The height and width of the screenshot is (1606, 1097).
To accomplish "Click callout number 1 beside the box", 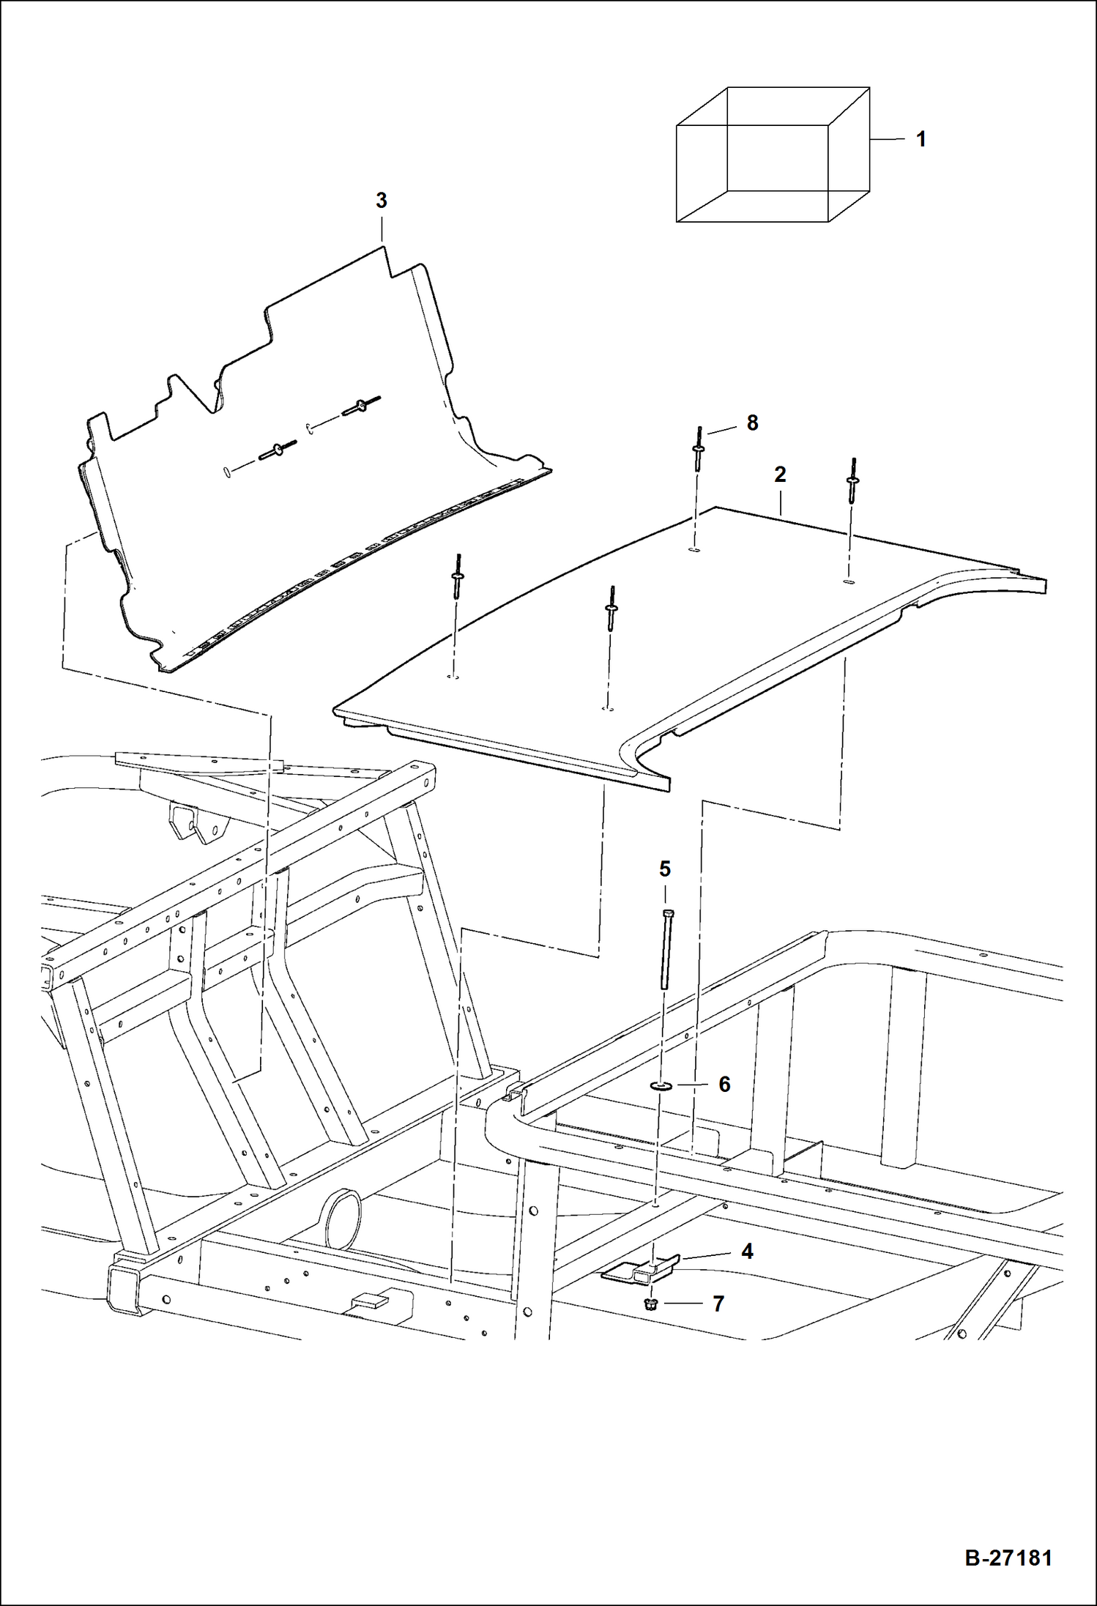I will click(921, 139).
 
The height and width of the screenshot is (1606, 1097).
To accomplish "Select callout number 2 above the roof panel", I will click(780, 475).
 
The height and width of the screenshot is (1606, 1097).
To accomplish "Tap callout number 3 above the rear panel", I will click(381, 200).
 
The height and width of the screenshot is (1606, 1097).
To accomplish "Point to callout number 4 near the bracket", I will click(747, 1251).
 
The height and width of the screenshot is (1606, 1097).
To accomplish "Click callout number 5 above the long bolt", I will click(664, 869).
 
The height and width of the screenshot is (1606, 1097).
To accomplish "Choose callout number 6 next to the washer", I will click(724, 1084).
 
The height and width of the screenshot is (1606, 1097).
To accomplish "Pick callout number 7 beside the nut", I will click(718, 1304).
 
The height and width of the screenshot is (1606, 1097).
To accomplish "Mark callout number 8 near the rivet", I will click(752, 423).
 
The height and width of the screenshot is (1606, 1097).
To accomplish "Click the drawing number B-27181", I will click(1008, 1557).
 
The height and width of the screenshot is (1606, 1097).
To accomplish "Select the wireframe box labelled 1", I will click(773, 155).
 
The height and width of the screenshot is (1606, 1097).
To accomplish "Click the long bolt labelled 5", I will click(666, 949).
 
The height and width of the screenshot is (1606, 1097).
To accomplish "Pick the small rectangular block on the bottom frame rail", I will click(372, 1300).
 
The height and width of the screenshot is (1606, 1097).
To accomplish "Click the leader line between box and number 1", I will click(888, 139).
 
